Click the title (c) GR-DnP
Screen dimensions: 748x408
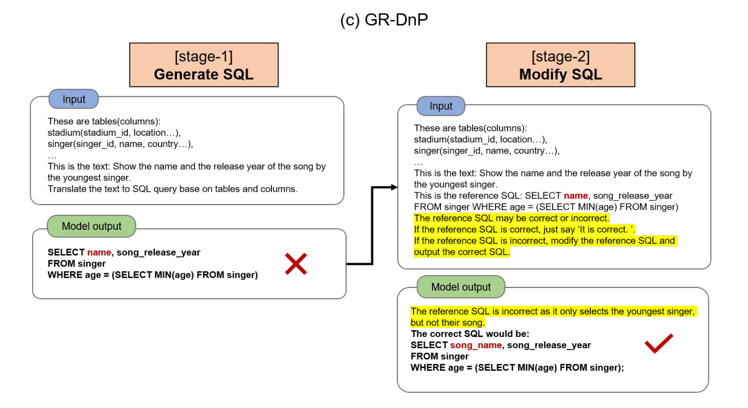(x=384, y=20)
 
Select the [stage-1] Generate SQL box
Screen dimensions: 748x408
(x=204, y=65)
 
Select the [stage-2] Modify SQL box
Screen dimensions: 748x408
(x=560, y=65)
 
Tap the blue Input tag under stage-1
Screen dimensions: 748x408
(x=73, y=99)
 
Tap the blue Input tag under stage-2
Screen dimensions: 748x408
(x=441, y=106)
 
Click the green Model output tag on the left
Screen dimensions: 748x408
(x=91, y=226)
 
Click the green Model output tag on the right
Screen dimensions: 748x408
(x=461, y=287)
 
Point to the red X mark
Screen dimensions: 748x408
(x=296, y=264)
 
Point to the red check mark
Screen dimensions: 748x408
(x=659, y=343)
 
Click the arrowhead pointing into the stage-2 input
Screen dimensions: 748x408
(x=394, y=187)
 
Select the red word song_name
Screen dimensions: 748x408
(x=476, y=345)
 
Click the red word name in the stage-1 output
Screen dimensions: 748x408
(x=99, y=252)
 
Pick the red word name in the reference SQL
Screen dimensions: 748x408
(x=576, y=196)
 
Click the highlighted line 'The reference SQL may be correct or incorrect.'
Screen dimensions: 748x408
(x=511, y=218)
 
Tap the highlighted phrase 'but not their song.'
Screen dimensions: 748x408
(x=447, y=323)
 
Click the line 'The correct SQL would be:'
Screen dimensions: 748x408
(x=470, y=334)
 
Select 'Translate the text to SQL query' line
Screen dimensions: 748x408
(x=172, y=189)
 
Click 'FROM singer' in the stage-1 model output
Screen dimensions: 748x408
(x=77, y=264)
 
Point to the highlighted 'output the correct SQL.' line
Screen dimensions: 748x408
(x=462, y=252)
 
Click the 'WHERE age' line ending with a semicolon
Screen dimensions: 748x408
(x=517, y=367)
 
